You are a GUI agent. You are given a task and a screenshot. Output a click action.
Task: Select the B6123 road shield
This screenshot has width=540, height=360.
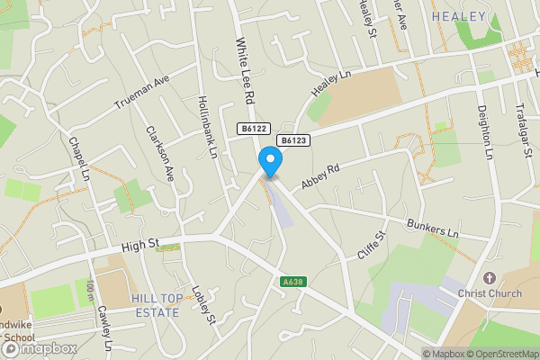coord(293,140)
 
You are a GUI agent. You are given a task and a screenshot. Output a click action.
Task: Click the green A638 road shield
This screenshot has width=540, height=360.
coord(291,283)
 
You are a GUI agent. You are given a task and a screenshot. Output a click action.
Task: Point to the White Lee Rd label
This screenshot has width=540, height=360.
coord(242,68)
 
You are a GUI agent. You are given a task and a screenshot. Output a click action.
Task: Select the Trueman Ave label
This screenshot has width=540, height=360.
coord(142,94)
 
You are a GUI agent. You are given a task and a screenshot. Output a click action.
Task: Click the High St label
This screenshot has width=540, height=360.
coord(140,243)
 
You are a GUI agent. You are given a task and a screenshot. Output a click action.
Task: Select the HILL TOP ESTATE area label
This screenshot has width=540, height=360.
coord(154,305)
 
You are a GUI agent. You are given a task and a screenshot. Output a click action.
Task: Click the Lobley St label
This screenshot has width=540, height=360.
coord(205,307)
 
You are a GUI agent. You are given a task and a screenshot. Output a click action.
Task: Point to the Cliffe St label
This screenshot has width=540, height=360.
coord(372,244)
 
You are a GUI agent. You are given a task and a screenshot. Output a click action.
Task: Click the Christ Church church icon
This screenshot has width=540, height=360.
coord(490,277)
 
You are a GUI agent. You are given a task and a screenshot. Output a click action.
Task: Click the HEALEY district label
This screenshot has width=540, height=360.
coord(458,17)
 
